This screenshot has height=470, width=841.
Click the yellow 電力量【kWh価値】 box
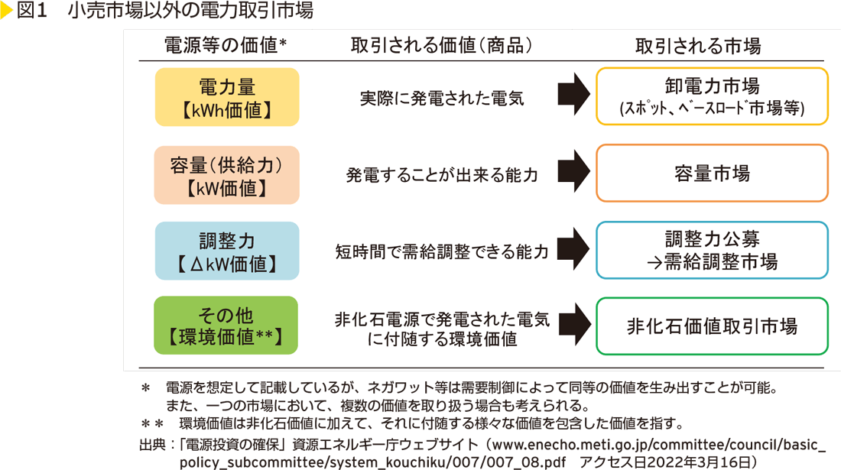tap(226, 97)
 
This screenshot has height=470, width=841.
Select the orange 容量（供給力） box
tap(226, 175)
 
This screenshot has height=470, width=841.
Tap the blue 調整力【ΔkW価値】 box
tap(226, 251)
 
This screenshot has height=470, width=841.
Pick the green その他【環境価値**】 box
tap(226, 326)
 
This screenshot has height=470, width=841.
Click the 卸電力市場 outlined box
tap(712, 96)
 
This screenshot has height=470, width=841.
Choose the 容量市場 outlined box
tap(712, 173)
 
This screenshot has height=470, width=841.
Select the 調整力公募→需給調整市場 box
tap(712, 250)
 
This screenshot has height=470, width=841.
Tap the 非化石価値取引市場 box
tap(712, 326)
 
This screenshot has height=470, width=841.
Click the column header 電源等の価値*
tap(226, 46)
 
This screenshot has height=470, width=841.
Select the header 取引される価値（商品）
tap(441, 46)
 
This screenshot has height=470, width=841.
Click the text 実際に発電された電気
tap(442, 98)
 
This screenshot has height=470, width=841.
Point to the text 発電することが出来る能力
tap(442, 175)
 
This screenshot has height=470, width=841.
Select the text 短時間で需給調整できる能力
tap(442, 251)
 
